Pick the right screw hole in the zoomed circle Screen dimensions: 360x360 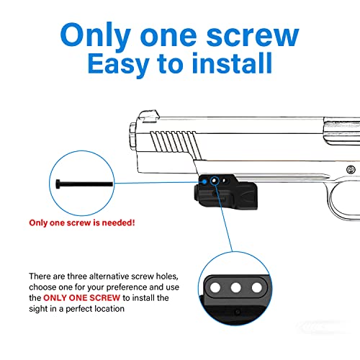point(256,289)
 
